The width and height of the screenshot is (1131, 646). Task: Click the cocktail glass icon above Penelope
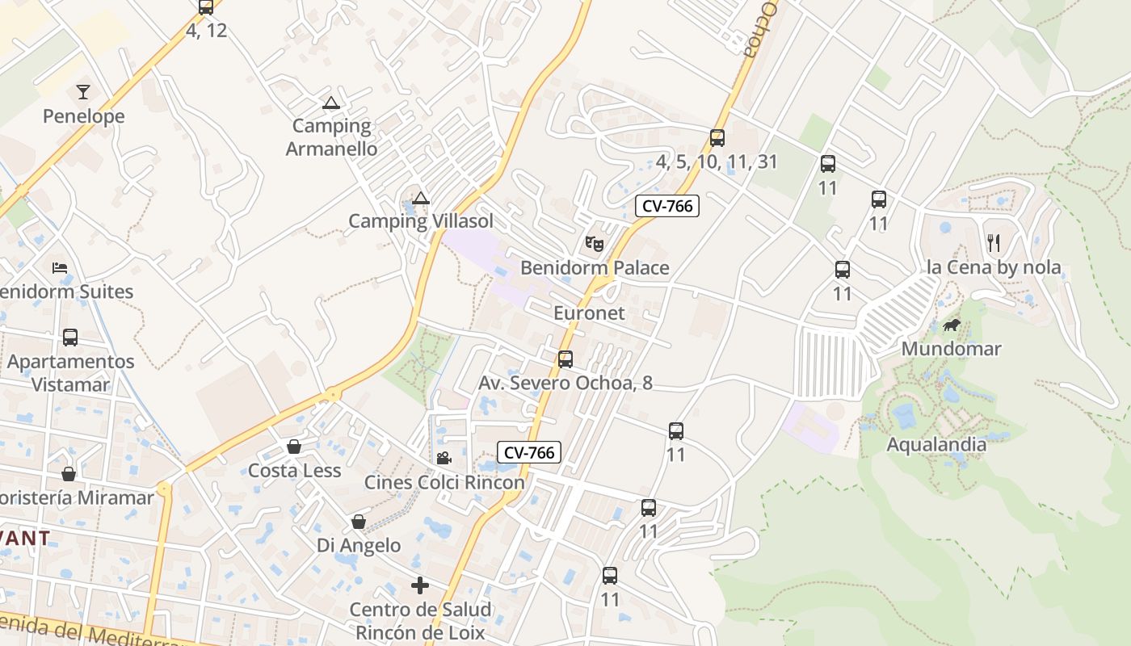[x=83, y=91]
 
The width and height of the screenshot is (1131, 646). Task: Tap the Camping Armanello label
[x=331, y=137]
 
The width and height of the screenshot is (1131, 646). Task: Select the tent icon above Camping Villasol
[x=420, y=199]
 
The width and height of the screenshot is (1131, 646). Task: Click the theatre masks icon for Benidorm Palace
[x=594, y=242]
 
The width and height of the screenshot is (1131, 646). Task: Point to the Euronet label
[x=589, y=313]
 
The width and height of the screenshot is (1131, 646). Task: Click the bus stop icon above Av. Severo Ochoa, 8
[x=565, y=359]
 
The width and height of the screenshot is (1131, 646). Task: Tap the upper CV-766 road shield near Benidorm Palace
[x=667, y=206]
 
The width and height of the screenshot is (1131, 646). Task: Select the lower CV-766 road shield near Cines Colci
[x=528, y=452]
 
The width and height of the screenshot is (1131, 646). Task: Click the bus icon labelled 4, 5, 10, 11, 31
[x=717, y=138]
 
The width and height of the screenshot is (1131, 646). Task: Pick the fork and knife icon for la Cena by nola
[x=994, y=242]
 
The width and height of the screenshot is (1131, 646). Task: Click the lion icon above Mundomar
[x=952, y=325]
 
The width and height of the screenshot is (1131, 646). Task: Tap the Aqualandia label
[x=936, y=444]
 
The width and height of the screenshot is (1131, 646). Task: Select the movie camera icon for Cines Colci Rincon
[x=444, y=459]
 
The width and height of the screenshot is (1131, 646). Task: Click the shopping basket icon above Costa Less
[x=294, y=447]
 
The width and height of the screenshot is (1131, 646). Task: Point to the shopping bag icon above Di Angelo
[x=359, y=522]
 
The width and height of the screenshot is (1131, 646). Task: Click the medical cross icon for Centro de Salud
[x=419, y=585]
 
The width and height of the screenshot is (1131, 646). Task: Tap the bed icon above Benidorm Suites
[x=59, y=267]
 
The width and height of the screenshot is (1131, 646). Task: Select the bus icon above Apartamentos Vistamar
[x=70, y=338]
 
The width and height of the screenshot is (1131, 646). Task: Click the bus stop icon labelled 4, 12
[x=206, y=8]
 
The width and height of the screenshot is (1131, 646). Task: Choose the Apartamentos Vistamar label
[x=70, y=372]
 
